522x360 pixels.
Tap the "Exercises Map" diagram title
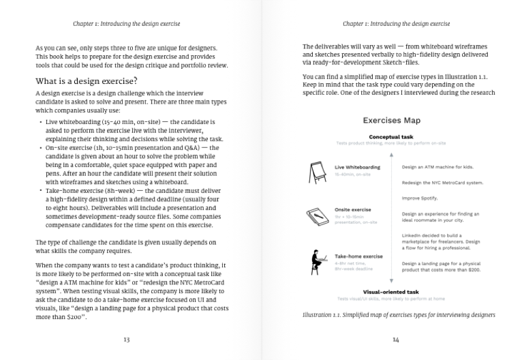tap(391, 121)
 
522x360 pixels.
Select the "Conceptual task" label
tap(390, 137)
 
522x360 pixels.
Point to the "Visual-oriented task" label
tap(390, 292)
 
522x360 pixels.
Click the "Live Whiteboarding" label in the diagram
tap(357, 167)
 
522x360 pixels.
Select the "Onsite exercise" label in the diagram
tap(352, 209)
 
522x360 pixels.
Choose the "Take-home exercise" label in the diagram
tap(358, 256)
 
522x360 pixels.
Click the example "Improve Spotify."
tap(420, 198)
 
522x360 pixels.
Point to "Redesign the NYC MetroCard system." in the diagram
tap(442, 183)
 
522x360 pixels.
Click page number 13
tap(127, 340)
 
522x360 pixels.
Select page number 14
tap(396, 340)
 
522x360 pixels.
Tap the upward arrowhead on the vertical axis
tap(391, 154)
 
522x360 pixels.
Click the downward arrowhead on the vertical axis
tap(391, 281)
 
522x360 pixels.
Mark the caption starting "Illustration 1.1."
tap(398, 315)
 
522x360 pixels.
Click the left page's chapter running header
tap(127, 24)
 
